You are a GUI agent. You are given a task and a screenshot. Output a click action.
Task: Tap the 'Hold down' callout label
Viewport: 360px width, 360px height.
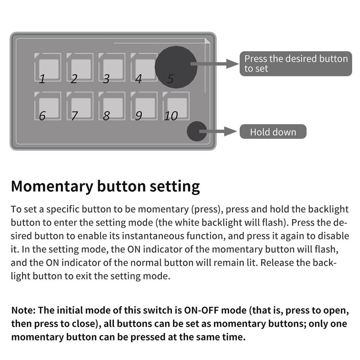[273, 132]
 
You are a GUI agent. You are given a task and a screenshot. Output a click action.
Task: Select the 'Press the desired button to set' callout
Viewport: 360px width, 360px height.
[295, 64]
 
